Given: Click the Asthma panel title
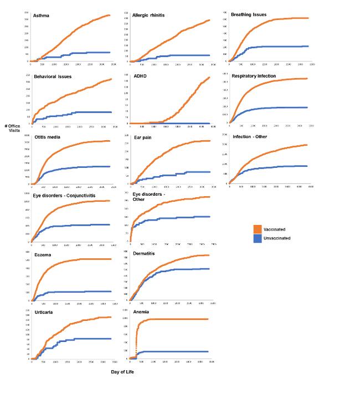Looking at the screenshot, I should tap(42, 16).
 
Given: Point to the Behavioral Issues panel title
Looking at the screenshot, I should tap(53, 76).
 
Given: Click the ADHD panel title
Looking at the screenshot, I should tap(140, 76).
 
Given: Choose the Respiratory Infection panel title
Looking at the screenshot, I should tap(254, 75).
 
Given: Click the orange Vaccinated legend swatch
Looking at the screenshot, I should tap(258, 229).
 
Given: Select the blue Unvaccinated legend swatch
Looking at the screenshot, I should tap(258, 238).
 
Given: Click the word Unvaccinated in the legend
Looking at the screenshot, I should tap(278, 238).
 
